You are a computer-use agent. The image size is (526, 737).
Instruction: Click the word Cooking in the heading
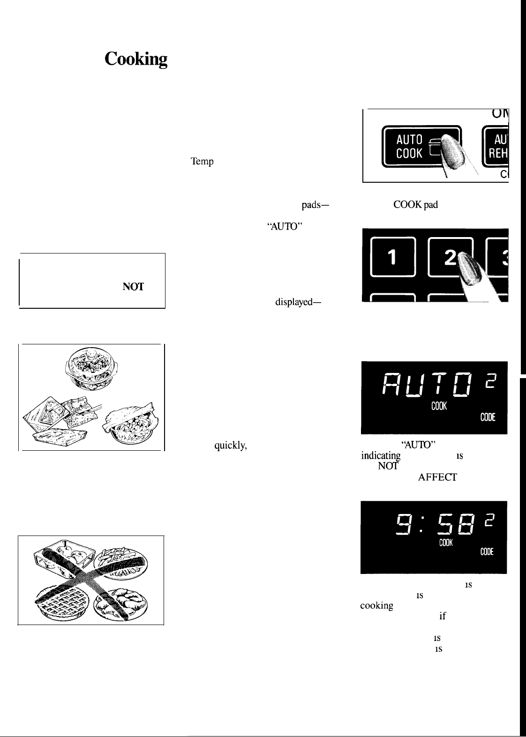(x=136, y=60)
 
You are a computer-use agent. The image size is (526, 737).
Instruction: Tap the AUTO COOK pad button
(x=421, y=146)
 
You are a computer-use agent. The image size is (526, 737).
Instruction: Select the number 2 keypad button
(x=451, y=260)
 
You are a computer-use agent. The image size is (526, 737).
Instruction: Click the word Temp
(x=202, y=162)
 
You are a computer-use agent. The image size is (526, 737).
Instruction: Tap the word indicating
(x=381, y=455)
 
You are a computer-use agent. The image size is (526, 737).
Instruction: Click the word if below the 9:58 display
(x=441, y=617)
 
